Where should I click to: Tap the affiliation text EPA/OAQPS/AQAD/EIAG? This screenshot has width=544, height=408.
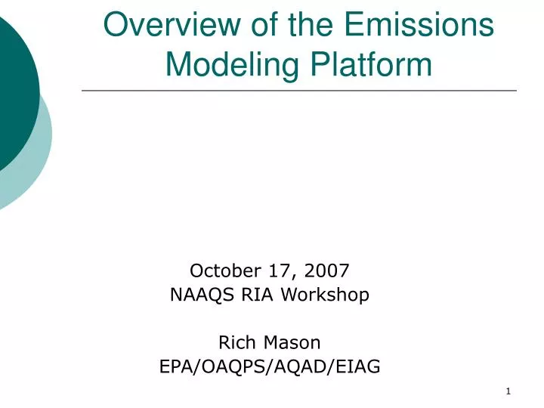270,367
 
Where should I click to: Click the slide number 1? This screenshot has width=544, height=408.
508,391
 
